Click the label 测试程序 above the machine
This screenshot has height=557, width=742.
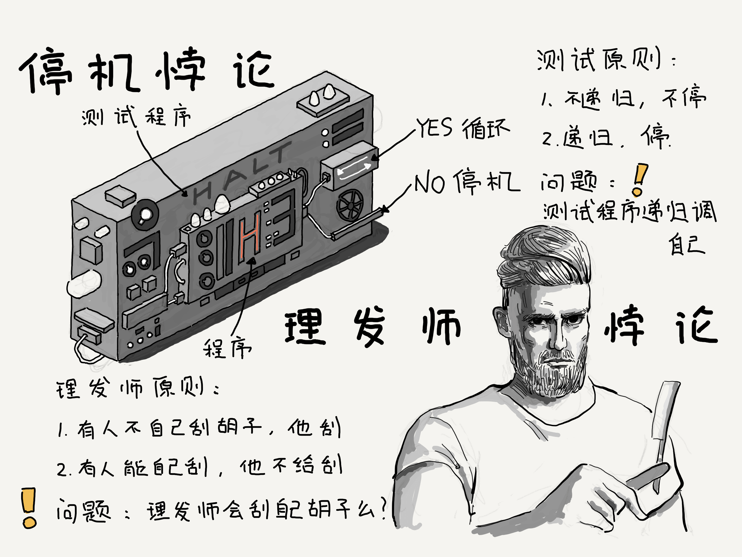tap(136, 116)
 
